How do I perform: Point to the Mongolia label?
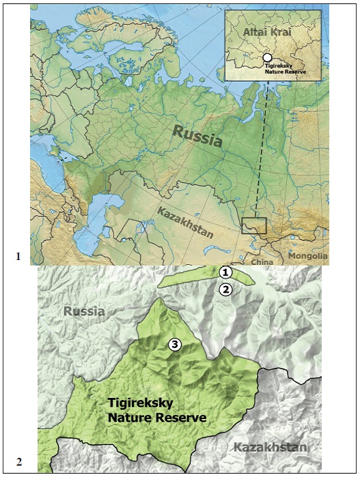(x=307, y=257)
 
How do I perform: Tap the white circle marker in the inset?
(x=268, y=59)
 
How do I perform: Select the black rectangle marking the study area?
(x=253, y=226)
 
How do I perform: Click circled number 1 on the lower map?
(x=226, y=272)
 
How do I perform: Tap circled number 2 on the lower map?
(x=226, y=289)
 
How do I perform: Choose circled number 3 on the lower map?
(x=175, y=345)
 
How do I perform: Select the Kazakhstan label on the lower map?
(x=270, y=448)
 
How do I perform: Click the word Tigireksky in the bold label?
(x=141, y=403)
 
